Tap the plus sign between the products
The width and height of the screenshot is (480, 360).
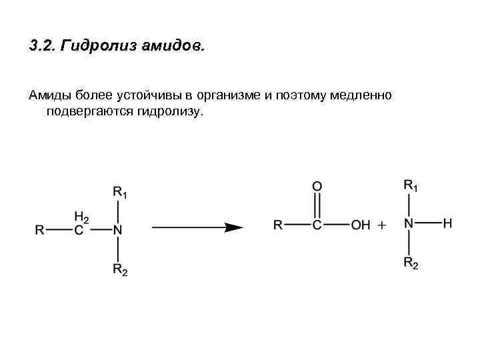(383, 225)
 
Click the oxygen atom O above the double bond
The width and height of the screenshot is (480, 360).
(317, 186)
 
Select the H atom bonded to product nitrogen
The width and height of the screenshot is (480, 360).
(447, 223)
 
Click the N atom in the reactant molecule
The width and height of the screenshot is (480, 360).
(117, 230)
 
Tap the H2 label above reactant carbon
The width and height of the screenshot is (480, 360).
(81, 217)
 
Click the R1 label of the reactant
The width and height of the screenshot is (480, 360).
(120, 193)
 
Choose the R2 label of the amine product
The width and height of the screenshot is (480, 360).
(411, 263)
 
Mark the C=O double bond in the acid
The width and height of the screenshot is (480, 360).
(317, 205)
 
